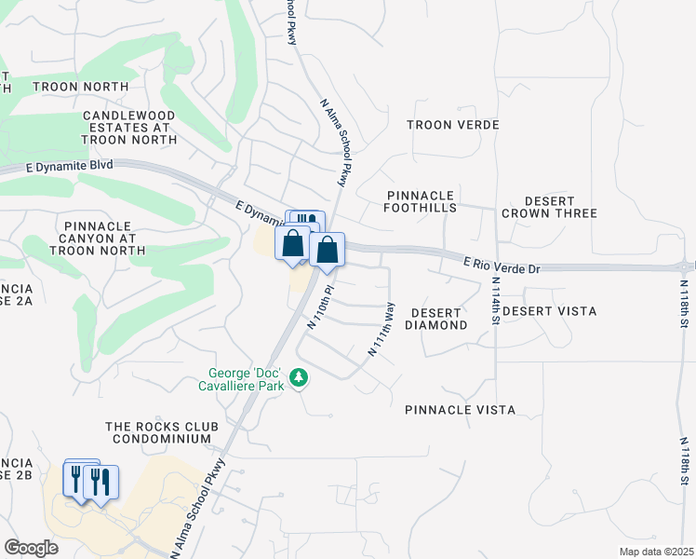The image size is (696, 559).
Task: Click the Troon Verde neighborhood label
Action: point(453,125)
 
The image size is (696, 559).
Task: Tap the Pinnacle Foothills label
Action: point(422,201)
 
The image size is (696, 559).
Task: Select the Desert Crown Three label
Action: point(548,207)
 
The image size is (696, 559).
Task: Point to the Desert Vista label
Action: point(550,311)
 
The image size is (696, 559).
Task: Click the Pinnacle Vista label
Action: point(460,410)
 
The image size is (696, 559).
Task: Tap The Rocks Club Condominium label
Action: point(162,432)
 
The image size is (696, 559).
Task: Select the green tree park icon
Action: point(299,377)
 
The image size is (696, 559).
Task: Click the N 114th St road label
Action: point(496,300)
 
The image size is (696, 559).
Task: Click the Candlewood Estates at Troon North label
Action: point(129,127)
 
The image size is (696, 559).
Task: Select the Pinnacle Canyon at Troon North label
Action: point(100,238)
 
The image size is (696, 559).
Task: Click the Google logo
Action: point(31,547)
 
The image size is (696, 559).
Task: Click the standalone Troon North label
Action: point(80,87)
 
